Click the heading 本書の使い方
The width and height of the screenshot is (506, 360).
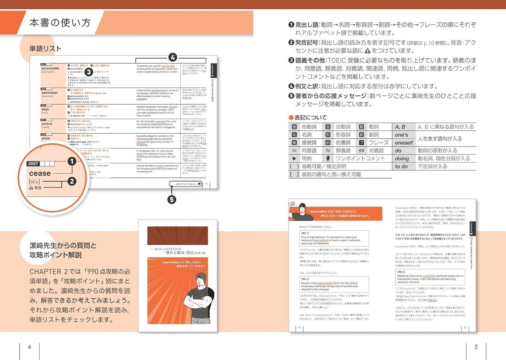(60, 23)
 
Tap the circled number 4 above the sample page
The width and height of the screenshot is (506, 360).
(172, 57)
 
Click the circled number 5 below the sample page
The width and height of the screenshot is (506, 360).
(172, 200)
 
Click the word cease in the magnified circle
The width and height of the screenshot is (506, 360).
(40, 173)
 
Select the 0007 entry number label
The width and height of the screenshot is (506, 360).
(33, 163)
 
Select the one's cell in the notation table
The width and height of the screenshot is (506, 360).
(401, 135)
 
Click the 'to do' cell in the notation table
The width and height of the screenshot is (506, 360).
(401, 166)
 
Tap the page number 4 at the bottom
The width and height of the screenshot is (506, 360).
(30, 347)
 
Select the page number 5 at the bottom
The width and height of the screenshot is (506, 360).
(476, 347)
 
